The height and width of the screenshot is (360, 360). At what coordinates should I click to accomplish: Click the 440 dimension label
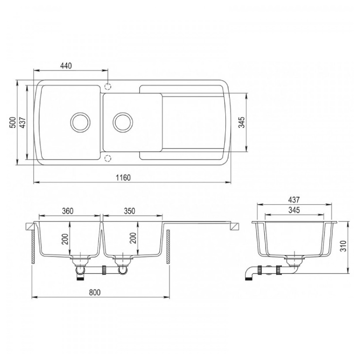pos(66,66)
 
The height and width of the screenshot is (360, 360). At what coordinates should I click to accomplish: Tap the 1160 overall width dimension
pos(123,178)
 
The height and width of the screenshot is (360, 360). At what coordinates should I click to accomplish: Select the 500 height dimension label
pos(13,123)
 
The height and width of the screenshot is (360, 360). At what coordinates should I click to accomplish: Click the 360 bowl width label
pos(68,211)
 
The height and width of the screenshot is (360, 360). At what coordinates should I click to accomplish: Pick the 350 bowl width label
pos(129,211)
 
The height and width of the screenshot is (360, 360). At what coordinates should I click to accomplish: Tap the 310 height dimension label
pos(343,246)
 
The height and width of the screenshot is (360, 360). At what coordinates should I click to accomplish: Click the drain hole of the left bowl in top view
pos(80,122)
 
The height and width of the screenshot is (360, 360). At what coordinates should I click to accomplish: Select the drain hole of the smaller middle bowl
pos(123,122)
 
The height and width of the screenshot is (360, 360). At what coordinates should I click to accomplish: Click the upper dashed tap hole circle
pos(108,86)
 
